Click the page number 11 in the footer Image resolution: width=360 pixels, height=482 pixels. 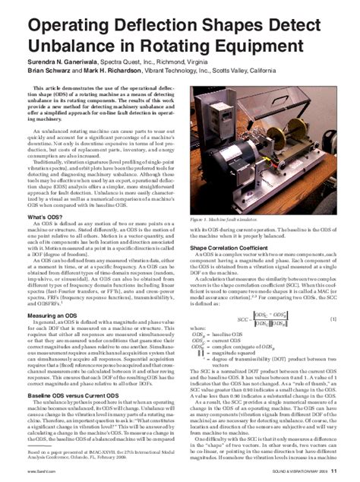coord(345,473)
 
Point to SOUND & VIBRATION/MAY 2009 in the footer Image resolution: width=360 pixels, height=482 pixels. coord(305,473)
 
